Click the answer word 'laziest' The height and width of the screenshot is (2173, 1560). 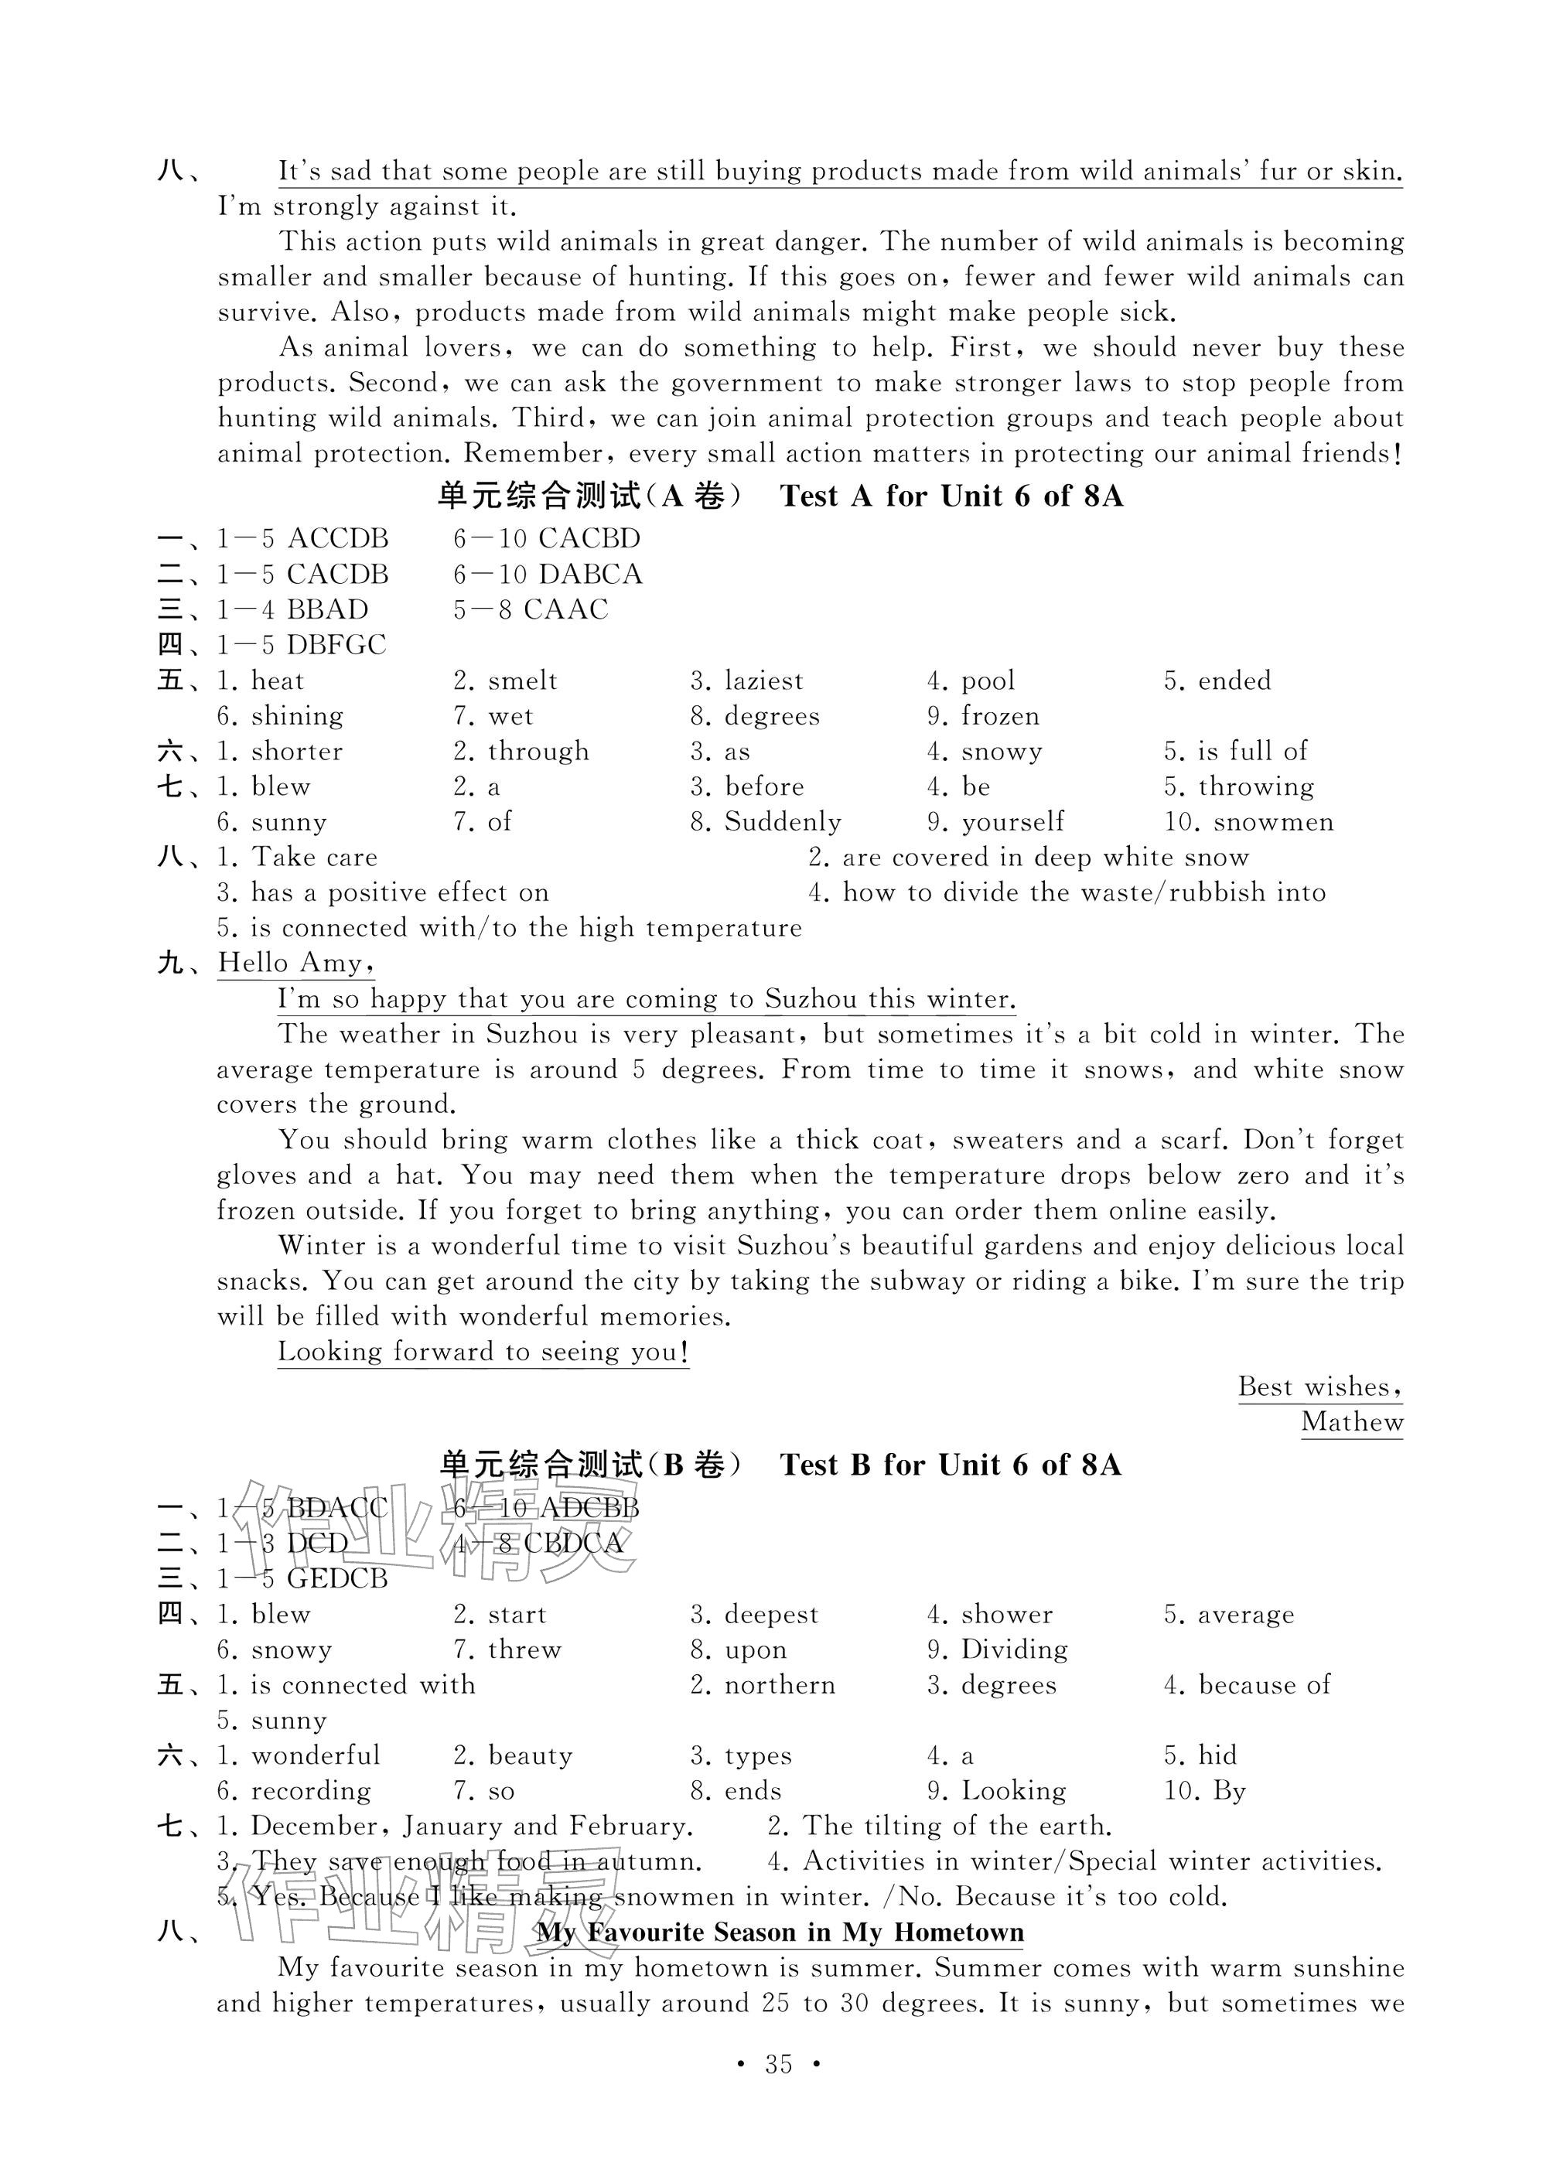(763, 681)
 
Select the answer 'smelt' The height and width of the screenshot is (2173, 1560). (522, 681)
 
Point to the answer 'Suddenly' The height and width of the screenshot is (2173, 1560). (782, 822)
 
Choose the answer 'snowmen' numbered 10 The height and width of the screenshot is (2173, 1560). (1272, 822)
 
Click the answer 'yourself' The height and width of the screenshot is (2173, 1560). (1013, 822)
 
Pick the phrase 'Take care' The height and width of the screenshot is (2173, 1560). (314, 858)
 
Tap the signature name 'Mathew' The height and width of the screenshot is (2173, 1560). (1351, 1423)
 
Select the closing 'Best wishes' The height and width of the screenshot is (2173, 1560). (1319, 1387)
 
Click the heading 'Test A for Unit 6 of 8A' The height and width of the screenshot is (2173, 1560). (951, 496)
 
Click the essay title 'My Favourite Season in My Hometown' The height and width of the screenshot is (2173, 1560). (779, 1933)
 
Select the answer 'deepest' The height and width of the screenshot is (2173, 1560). (771, 1615)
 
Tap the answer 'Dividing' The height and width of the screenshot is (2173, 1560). (1014, 1650)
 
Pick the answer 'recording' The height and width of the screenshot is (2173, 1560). (310, 1791)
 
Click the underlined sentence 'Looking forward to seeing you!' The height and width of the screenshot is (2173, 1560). (483, 1352)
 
